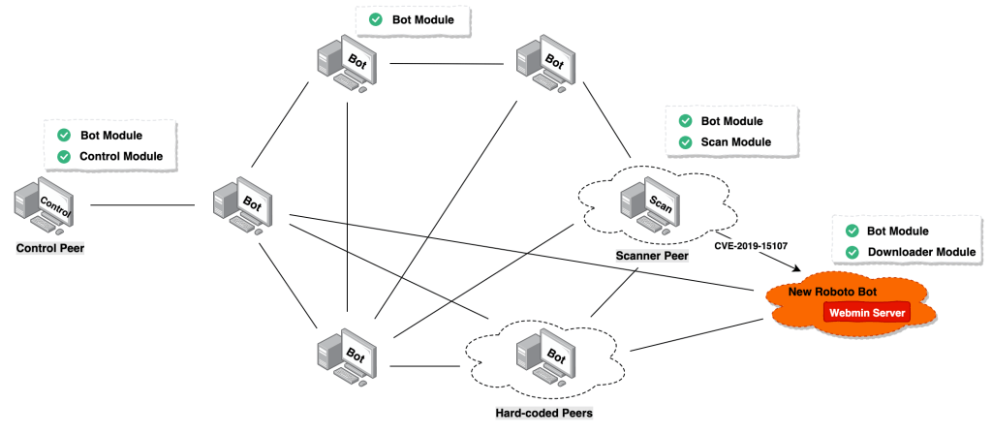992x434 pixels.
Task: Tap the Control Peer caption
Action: click(x=50, y=249)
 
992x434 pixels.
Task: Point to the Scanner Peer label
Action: click(x=652, y=257)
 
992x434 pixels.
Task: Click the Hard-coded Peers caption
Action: click(x=532, y=413)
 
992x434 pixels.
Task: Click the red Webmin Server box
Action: click(x=866, y=313)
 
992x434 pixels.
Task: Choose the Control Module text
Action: click(x=121, y=156)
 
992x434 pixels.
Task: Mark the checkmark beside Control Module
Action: click(x=64, y=156)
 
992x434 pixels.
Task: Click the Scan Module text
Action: click(x=736, y=142)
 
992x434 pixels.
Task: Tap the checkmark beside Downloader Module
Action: click(x=852, y=252)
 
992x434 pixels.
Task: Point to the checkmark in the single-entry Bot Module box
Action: click(x=375, y=19)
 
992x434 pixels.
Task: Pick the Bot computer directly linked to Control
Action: click(x=242, y=205)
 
